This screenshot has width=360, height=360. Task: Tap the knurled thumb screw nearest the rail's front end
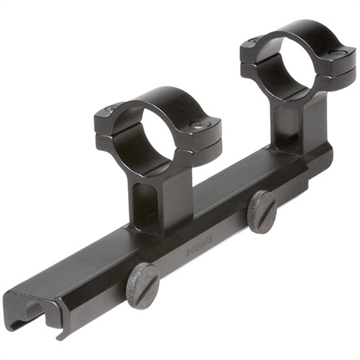[x=142, y=286]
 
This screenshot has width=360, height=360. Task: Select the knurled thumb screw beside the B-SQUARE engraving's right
[x=262, y=211]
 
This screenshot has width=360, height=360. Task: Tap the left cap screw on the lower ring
[x=111, y=109]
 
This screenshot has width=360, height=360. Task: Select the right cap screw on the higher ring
[x=342, y=53]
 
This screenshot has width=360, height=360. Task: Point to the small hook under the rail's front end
[x=58, y=335]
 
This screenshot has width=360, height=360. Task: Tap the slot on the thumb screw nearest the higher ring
[x=262, y=211]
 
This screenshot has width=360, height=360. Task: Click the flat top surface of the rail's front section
[x=86, y=271]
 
